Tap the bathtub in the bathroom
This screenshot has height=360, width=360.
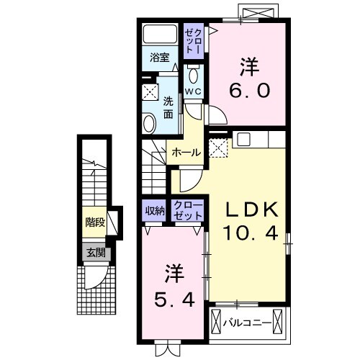(x=160, y=35)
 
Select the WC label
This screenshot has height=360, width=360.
(x=193, y=91)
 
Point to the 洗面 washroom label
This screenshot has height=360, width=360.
(x=168, y=107)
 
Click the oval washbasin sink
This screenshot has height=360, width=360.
(x=149, y=124)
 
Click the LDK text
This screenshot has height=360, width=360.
(x=251, y=209)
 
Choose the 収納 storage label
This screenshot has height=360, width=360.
(x=154, y=210)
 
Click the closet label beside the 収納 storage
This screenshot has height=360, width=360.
(x=189, y=210)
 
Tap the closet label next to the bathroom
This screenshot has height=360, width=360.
(x=194, y=40)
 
